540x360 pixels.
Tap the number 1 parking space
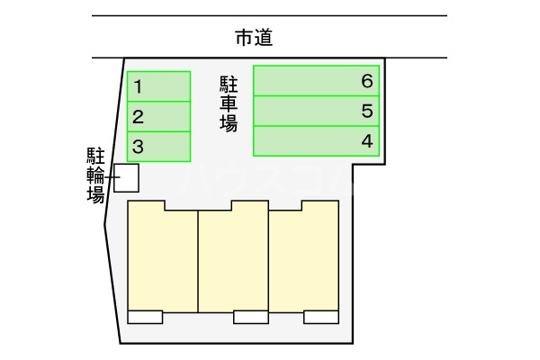point(158,86)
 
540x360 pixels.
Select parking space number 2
point(158,116)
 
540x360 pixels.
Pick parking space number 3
point(158,146)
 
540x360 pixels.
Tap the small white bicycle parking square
point(125,178)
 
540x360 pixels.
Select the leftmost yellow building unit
point(163,258)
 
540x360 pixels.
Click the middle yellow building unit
point(233,258)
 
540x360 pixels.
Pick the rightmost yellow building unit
point(303,258)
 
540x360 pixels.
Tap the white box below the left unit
point(145,316)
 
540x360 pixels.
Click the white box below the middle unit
point(250,316)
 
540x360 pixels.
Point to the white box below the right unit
point(320,316)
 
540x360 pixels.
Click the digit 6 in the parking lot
point(366,81)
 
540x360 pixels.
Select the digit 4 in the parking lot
point(366,140)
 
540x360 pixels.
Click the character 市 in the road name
point(243,38)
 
